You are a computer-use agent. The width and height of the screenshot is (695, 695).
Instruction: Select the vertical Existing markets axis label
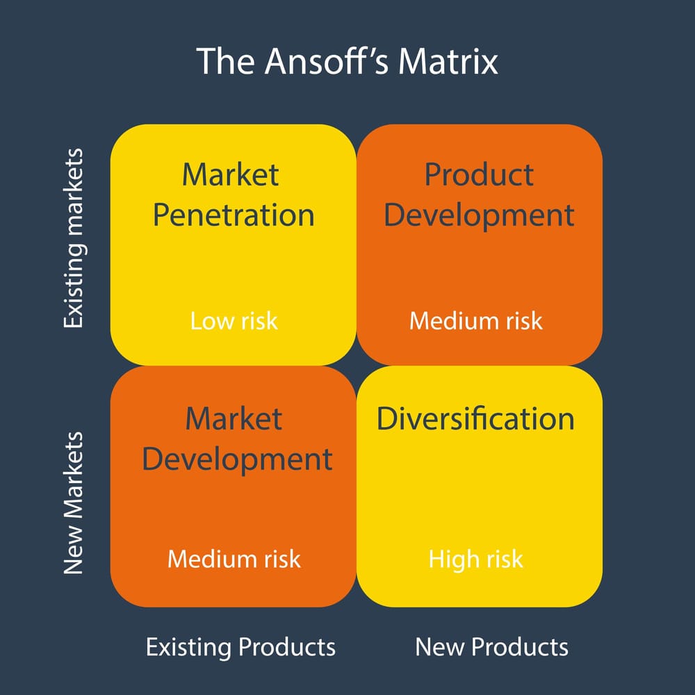[73, 238]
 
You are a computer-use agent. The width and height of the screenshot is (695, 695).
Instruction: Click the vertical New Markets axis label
[73, 503]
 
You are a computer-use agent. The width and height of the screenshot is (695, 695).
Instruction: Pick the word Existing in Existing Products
[189, 647]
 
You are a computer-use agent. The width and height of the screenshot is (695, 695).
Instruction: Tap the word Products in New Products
[521, 647]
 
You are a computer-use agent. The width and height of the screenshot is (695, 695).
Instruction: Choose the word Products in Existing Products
[287, 647]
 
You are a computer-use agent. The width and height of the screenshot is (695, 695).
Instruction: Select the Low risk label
[234, 321]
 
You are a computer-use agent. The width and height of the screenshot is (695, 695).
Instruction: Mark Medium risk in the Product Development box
[476, 321]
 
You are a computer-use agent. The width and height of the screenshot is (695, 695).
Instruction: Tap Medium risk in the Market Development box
[234, 559]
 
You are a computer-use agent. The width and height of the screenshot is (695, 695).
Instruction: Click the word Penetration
[234, 215]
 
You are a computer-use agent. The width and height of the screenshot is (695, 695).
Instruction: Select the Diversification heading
[475, 419]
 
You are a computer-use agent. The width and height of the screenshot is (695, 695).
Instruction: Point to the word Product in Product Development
[479, 174]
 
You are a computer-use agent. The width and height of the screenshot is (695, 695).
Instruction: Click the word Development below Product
[479, 215]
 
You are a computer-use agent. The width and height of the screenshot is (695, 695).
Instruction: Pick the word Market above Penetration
[230, 174]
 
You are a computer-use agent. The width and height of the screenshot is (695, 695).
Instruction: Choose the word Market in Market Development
[234, 419]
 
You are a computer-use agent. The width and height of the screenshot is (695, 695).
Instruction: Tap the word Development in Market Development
[237, 460]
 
